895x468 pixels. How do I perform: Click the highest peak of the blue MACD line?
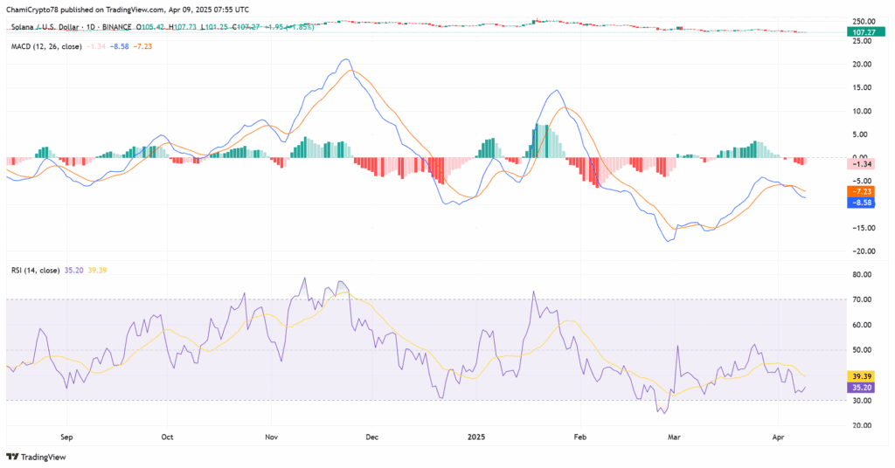pos(346,59)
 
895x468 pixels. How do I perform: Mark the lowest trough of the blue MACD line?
pos(670,241)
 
